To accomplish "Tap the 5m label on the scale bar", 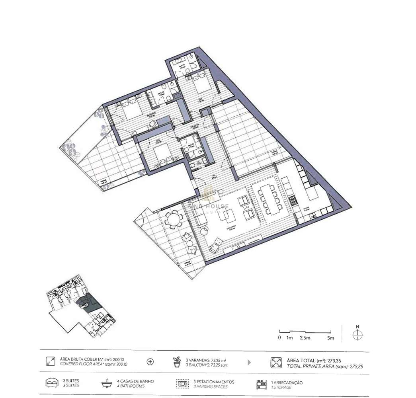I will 330,338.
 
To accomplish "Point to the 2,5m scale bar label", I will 305,338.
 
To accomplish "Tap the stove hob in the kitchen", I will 294,200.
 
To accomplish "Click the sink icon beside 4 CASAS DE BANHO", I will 106,384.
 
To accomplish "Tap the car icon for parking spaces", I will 183,384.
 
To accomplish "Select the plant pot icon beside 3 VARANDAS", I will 177,362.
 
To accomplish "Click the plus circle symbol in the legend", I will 150,362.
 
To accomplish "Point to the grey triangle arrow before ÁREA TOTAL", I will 249,362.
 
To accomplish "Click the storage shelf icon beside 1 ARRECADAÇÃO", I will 262,384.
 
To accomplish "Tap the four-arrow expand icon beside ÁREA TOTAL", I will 276,362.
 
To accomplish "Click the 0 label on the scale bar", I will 279,338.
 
